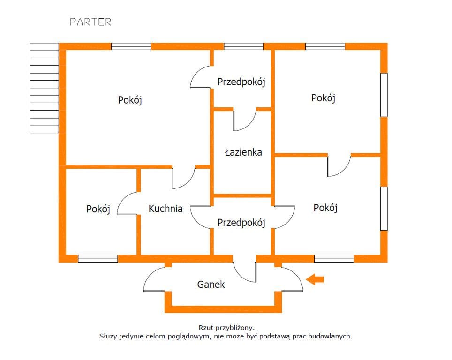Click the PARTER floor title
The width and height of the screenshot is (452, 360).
click(x=90, y=22)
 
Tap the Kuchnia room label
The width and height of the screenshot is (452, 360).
click(x=166, y=209)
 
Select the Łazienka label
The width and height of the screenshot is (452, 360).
click(x=243, y=152)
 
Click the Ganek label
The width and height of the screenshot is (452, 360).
click(x=211, y=285)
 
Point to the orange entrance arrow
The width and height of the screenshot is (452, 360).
click(x=315, y=279)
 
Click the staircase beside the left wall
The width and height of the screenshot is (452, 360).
click(x=45, y=88)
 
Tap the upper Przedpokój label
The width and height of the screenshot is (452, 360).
click(x=241, y=82)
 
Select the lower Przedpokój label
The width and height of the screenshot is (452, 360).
click(x=241, y=223)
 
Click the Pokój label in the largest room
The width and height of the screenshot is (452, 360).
click(x=130, y=100)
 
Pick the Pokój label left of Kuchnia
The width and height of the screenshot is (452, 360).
click(x=98, y=209)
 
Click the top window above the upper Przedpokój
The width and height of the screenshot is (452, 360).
click(x=244, y=46)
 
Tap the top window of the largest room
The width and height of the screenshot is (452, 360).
click(x=131, y=46)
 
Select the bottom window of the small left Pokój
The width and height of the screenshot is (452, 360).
click(x=98, y=259)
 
